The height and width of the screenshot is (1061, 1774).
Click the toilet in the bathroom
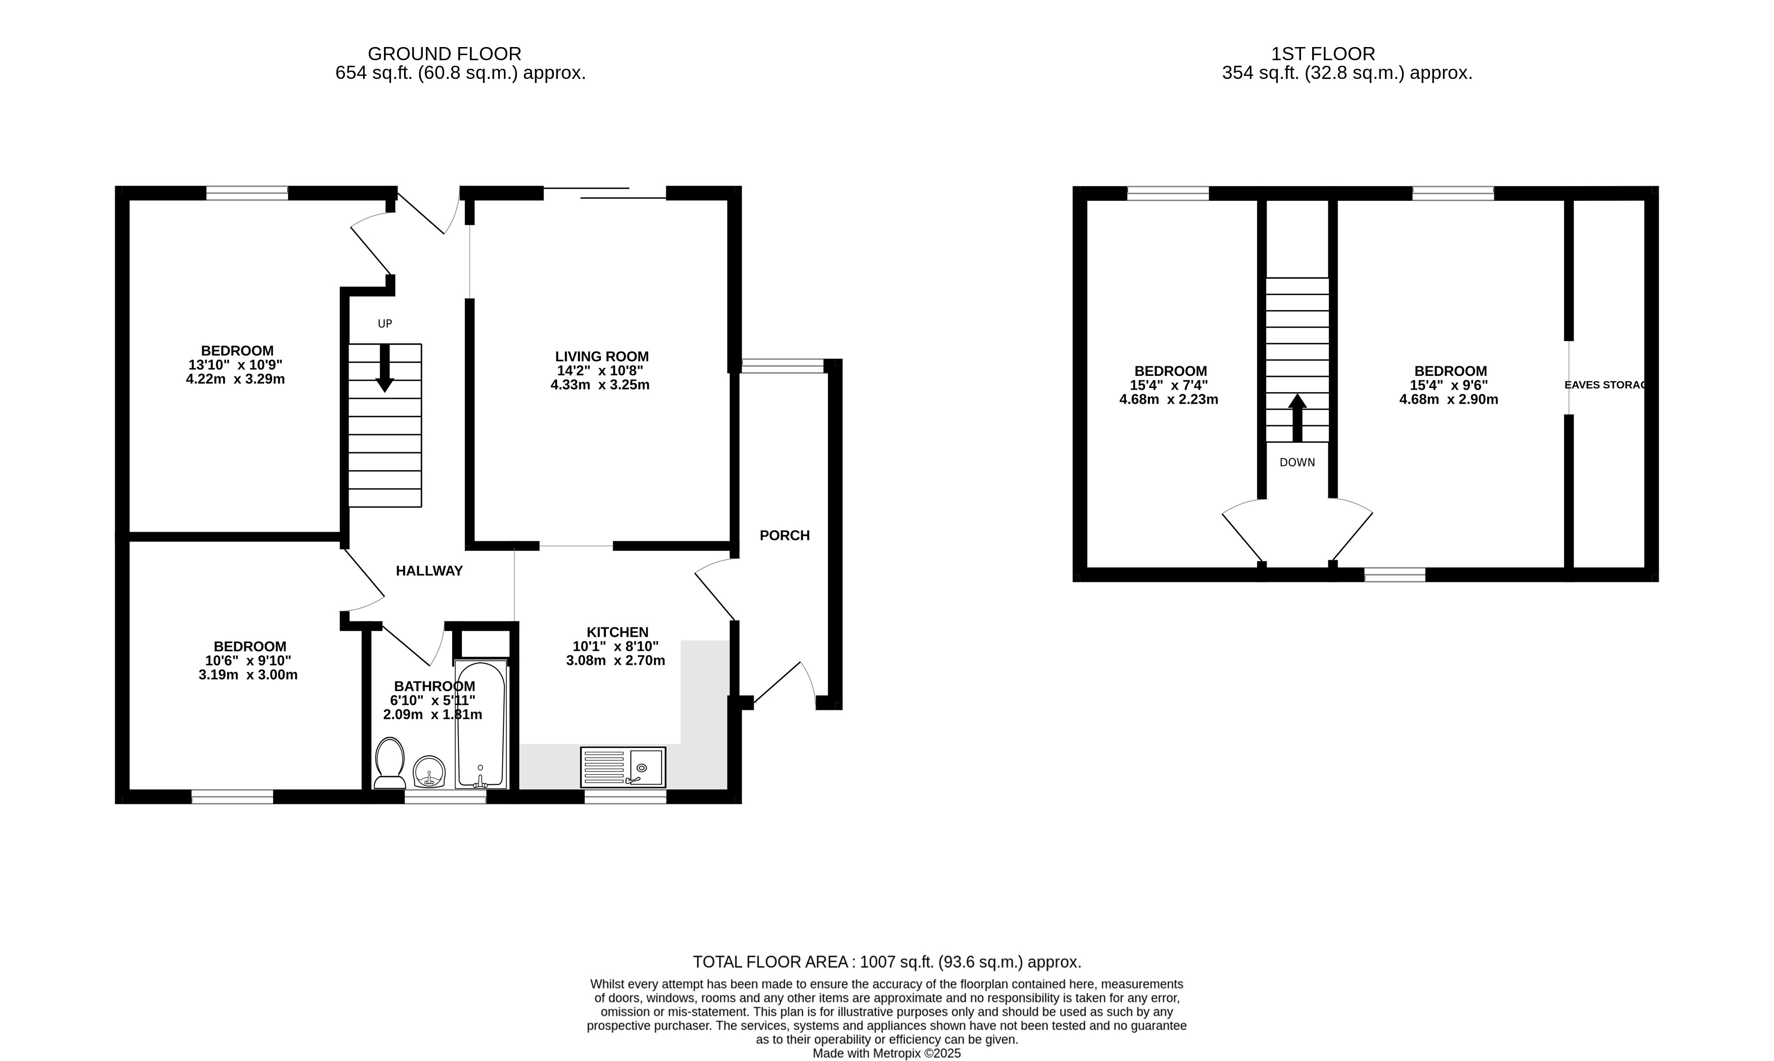[390, 763]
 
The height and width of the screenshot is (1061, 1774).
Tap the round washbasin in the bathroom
[429, 772]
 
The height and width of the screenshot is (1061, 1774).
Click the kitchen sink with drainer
[623, 767]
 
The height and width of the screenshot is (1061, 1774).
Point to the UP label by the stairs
[384, 324]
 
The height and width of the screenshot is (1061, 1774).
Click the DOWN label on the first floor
[1297, 462]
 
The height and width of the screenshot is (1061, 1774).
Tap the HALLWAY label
[429, 571]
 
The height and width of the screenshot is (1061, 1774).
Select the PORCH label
[785, 535]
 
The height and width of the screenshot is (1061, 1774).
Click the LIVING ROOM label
[602, 357]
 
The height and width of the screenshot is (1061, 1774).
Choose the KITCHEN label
[618, 632]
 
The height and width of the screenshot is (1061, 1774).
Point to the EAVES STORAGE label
[1606, 385]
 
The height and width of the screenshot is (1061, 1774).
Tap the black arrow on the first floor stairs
[1297, 418]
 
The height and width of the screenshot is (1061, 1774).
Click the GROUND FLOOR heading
[445, 54]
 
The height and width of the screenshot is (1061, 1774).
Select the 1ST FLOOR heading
[1323, 54]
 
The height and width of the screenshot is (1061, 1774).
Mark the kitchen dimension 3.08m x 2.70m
[616, 661]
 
